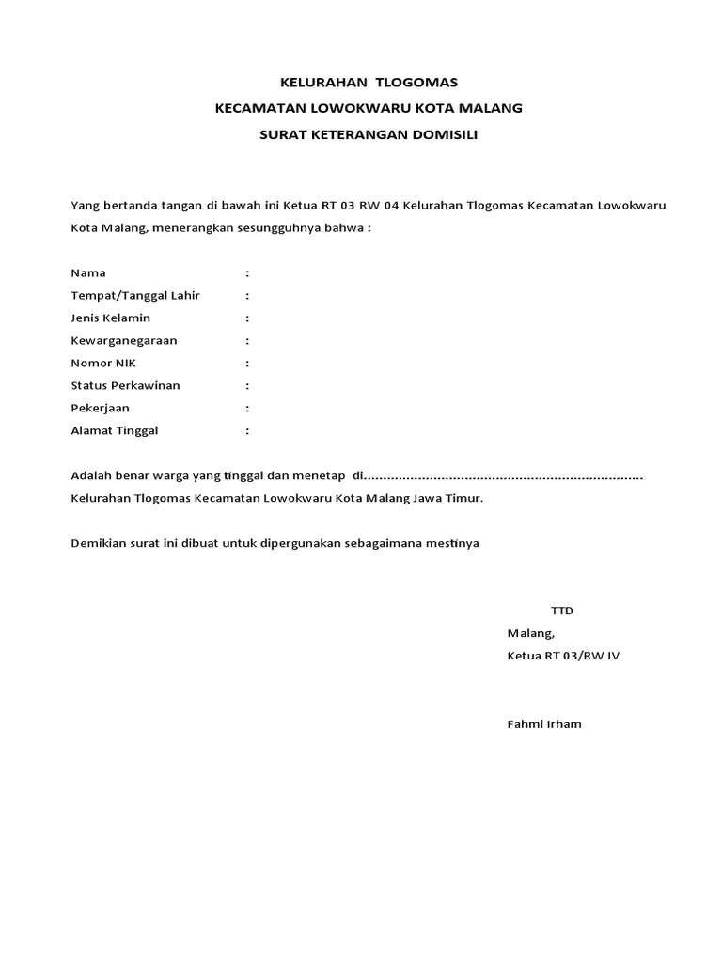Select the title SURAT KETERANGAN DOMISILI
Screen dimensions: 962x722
(x=369, y=134)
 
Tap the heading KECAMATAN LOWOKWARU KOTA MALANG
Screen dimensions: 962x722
(x=369, y=108)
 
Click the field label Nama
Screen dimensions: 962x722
(x=88, y=273)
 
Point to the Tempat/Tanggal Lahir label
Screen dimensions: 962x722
(x=135, y=296)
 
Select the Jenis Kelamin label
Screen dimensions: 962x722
(x=111, y=318)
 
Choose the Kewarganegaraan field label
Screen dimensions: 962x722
(x=124, y=341)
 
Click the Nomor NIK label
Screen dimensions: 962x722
(x=103, y=364)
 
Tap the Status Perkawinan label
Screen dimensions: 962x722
(x=126, y=386)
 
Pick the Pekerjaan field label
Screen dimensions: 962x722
(x=101, y=409)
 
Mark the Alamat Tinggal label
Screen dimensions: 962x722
(x=115, y=431)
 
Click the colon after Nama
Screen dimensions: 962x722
(x=247, y=273)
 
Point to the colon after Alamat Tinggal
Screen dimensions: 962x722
(x=247, y=431)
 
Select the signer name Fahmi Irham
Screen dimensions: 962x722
(x=544, y=724)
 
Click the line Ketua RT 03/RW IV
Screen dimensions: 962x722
(x=563, y=656)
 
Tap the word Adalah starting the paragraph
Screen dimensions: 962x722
(x=91, y=476)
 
